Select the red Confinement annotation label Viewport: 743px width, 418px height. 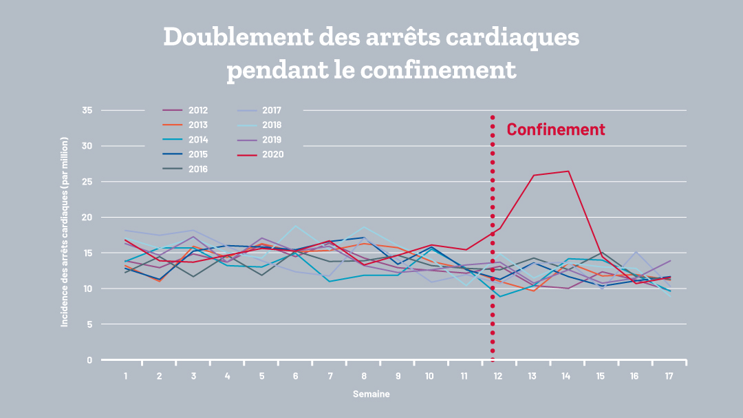556,129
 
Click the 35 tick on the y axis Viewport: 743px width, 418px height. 87,110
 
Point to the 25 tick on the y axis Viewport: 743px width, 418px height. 87,182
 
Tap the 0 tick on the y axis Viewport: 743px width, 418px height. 89,360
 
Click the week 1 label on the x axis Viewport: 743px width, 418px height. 126,376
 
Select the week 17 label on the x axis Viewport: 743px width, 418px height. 668,376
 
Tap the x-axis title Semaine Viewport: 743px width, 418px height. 371,395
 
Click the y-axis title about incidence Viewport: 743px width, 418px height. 65,231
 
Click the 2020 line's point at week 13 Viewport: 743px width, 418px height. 533,176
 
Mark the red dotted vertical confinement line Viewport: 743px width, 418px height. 493,275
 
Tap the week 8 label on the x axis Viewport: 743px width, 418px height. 363,376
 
